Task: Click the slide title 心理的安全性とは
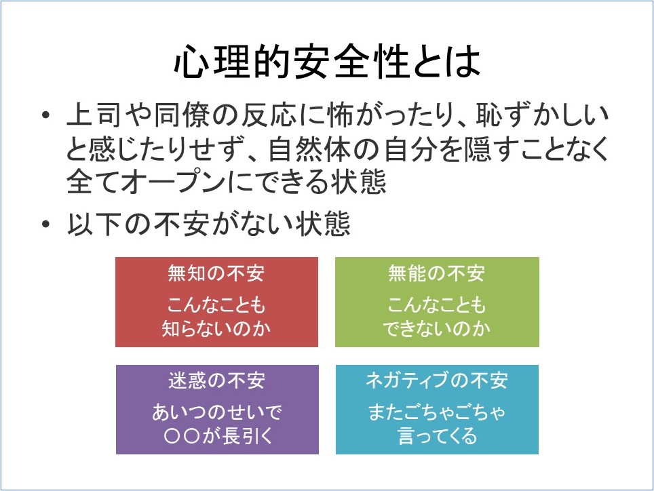[x=328, y=62]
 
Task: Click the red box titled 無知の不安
[x=216, y=302]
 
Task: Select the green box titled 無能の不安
[x=437, y=302]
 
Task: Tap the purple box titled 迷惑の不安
[x=217, y=410]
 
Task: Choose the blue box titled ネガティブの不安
[x=437, y=410]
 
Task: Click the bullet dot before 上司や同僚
[x=46, y=115]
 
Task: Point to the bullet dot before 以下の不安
[x=46, y=224]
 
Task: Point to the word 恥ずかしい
[x=542, y=115]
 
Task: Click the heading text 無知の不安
[x=216, y=273]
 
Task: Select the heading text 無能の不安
[x=437, y=273]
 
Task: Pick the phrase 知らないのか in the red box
[x=216, y=329]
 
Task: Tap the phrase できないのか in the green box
[x=437, y=329]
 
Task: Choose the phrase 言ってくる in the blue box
[x=437, y=436]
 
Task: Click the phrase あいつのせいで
[x=217, y=412]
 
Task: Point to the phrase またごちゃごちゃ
[x=437, y=412]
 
